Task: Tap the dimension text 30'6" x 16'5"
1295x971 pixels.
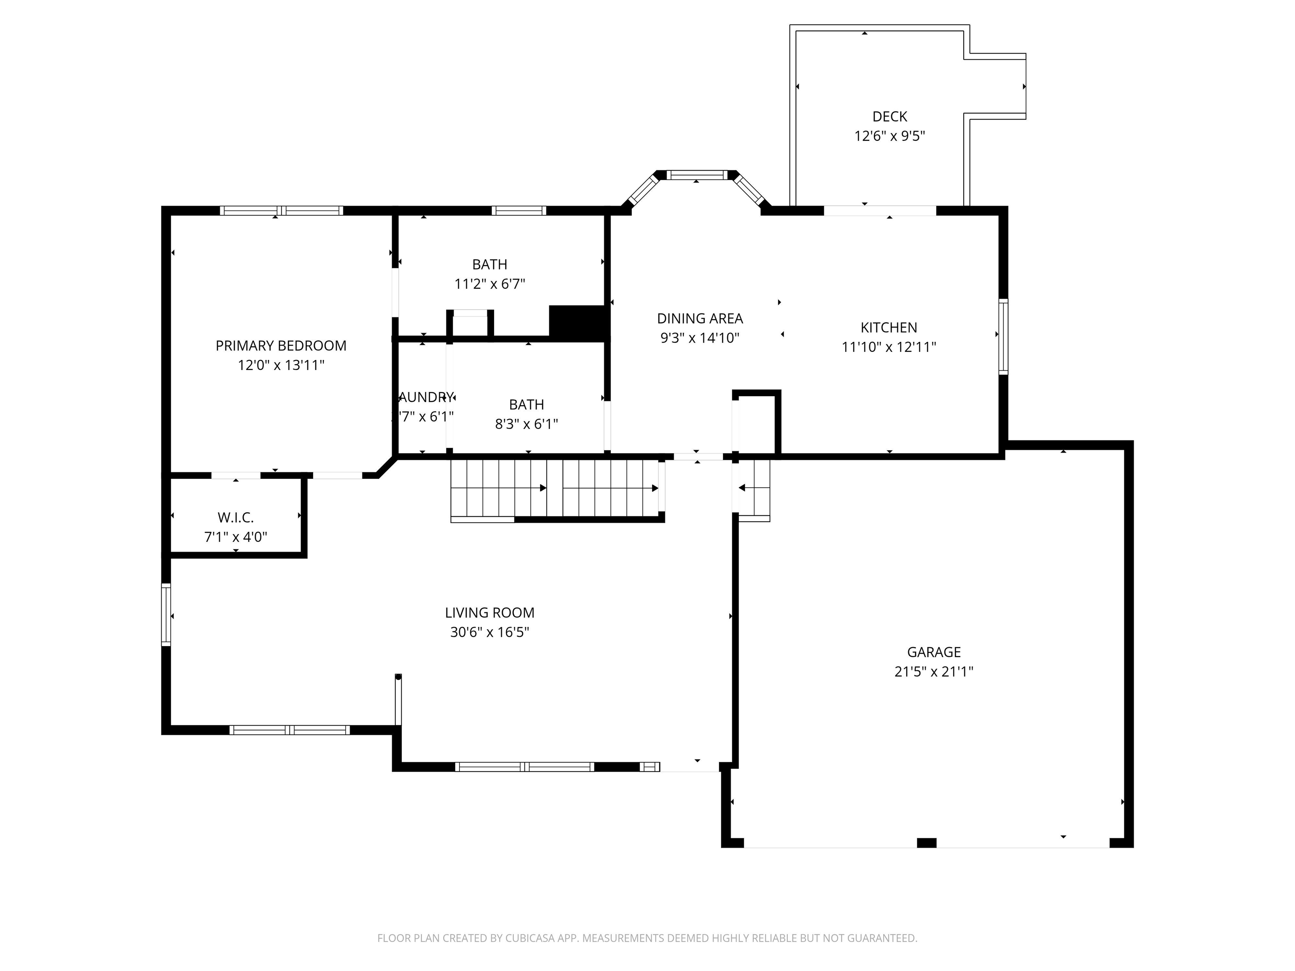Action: pyautogui.click(x=489, y=632)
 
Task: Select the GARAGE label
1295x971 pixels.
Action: pyautogui.click(x=933, y=652)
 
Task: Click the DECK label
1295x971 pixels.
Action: pyautogui.click(x=889, y=116)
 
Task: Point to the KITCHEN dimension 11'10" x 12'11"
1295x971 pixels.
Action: pyautogui.click(x=888, y=347)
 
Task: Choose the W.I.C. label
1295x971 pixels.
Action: pyautogui.click(x=235, y=518)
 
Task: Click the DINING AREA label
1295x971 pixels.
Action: pyautogui.click(x=700, y=319)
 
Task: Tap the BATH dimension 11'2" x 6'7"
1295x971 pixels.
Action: pyautogui.click(x=489, y=284)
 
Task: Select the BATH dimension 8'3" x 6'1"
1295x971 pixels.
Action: pyautogui.click(x=527, y=424)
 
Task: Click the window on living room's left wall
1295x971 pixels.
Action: pyautogui.click(x=166, y=614)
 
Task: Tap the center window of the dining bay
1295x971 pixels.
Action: pyautogui.click(x=697, y=174)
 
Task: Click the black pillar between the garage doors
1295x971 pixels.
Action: pyautogui.click(x=926, y=843)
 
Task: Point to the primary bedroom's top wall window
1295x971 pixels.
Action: pyautogui.click(x=282, y=211)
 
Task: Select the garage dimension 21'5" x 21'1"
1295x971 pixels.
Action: pyautogui.click(x=933, y=671)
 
